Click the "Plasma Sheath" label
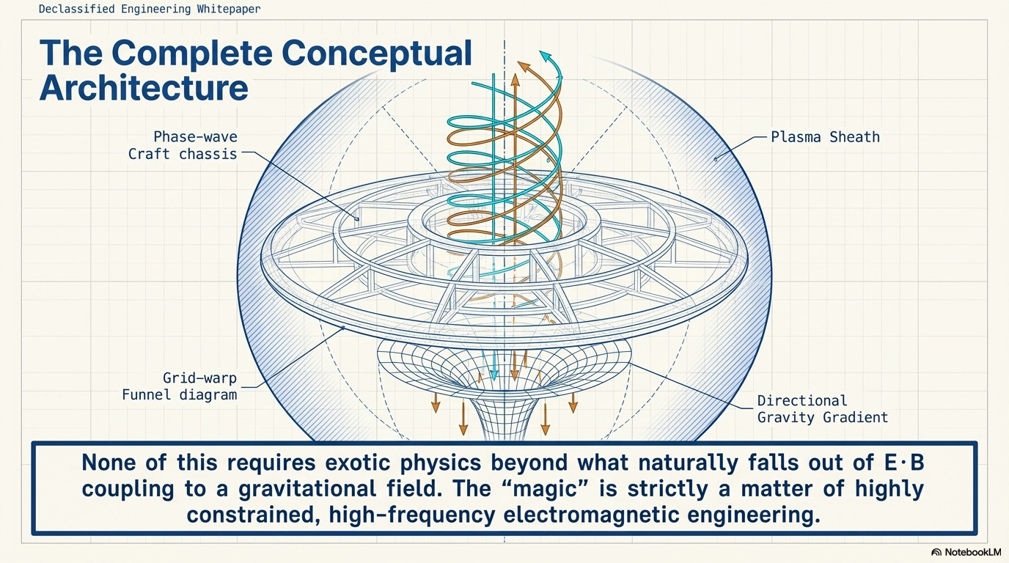click(825, 137)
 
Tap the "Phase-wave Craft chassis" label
click(183, 145)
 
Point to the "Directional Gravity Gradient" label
click(822, 409)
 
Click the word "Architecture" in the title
click(144, 88)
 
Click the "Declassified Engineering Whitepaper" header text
click(149, 10)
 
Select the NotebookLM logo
click(966, 552)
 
